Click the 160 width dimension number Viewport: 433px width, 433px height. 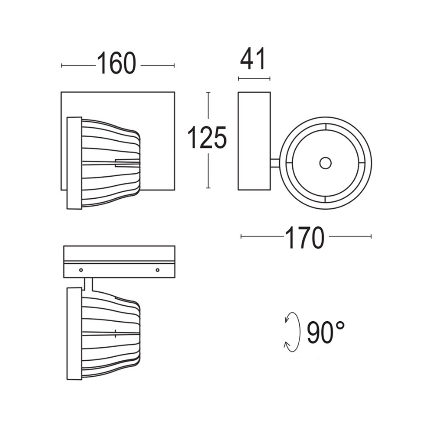tap(116, 63)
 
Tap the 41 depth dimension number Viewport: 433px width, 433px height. tap(253, 59)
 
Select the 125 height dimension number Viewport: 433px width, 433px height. tap(207, 138)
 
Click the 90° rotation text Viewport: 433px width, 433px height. tap(326, 333)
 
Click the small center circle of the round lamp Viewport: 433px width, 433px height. tap(325, 163)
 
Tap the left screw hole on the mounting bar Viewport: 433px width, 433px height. tap(81, 270)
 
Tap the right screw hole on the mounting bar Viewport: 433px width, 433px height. tap(157, 270)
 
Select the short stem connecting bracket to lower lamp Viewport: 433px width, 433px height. tap(88, 284)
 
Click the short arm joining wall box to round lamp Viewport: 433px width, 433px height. tap(275, 163)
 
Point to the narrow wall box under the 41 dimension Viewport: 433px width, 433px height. tap(254, 141)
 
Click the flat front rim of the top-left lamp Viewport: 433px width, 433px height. tap(74, 163)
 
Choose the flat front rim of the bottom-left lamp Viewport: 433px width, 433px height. tap(74, 333)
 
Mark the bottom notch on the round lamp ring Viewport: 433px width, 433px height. tap(325, 199)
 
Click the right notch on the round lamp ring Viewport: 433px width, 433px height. tap(362, 163)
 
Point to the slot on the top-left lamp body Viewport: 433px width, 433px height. tap(127, 162)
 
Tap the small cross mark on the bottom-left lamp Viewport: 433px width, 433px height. tap(116, 333)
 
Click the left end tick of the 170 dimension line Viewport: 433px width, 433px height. tap(241, 236)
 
